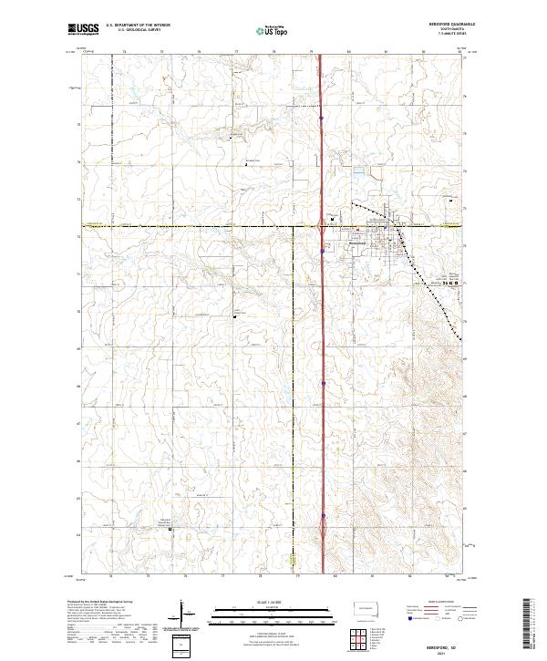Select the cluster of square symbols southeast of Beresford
point(449,284)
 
